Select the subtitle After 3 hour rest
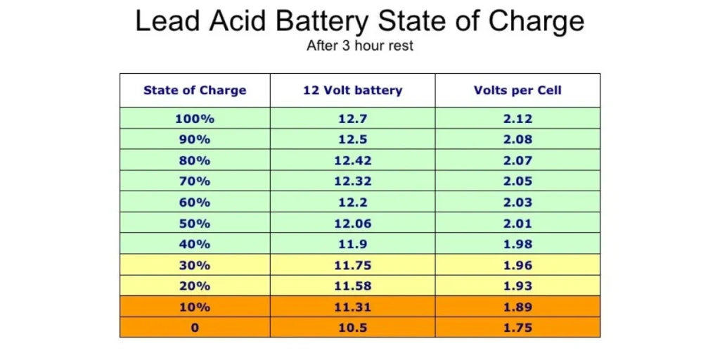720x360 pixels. [359, 46]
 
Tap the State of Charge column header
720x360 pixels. [195, 90]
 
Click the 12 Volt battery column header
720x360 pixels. [352, 90]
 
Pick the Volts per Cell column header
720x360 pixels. [517, 90]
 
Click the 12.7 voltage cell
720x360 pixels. [352, 119]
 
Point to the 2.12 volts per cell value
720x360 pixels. [517, 119]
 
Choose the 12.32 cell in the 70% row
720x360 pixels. [352, 181]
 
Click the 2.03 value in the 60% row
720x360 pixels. [517, 202]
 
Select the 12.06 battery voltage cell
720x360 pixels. [352, 224]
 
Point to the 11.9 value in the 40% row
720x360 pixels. [352, 244]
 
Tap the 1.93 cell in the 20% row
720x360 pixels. [517, 286]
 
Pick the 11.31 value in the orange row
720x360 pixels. [352, 307]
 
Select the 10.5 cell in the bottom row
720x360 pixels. [352, 328]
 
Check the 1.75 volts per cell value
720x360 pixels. [517, 328]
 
